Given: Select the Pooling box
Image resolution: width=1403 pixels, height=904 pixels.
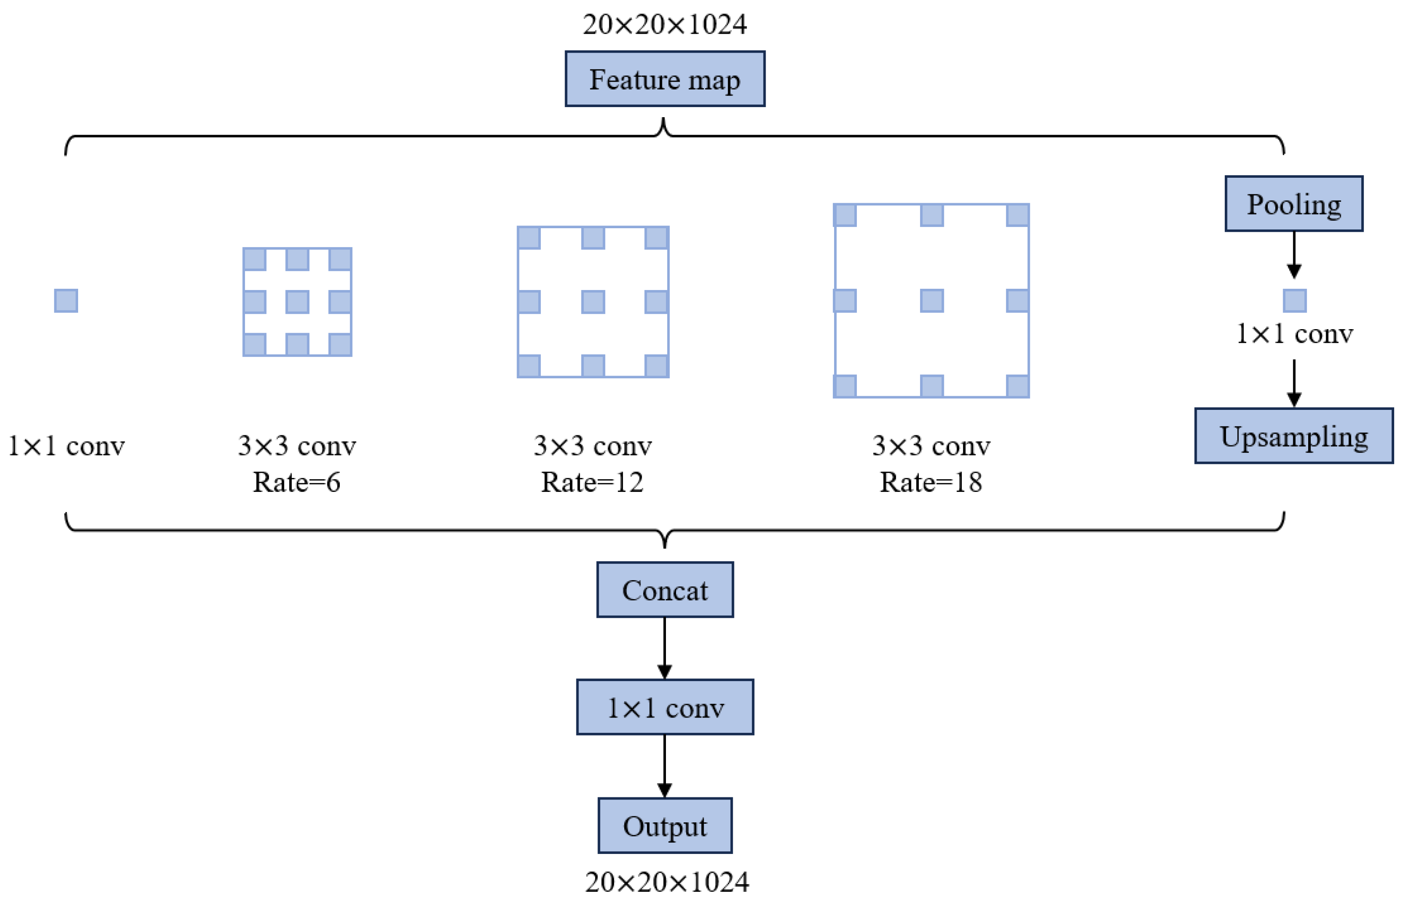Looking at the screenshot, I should tap(1293, 204).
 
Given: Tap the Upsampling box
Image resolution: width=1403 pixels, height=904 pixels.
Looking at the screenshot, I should tap(1293, 436).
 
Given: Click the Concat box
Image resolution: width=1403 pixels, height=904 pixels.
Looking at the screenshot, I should tap(665, 590).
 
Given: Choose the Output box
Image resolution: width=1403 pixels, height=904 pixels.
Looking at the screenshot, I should tap(665, 826).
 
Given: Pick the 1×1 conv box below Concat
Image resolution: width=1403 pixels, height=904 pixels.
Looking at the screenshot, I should tap(665, 707).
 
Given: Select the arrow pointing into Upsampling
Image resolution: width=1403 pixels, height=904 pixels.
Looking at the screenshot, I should tap(1294, 383).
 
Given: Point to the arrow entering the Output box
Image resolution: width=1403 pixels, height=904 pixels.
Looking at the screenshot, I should tap(665, 766).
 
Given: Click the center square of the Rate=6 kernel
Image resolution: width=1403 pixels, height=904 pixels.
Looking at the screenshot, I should tap(297, 302).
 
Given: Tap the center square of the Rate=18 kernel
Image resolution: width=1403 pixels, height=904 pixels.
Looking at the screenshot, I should tap(932, 301).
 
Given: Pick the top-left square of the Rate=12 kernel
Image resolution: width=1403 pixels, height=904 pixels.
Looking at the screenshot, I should tap(529, 238).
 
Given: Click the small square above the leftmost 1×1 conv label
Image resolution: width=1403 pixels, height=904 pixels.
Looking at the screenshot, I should tap(66, 301).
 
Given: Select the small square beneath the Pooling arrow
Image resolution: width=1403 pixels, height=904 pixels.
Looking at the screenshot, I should tap(1295, 301).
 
